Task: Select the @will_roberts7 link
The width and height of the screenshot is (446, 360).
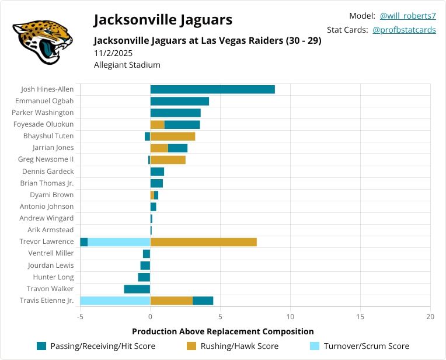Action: coord(407,16)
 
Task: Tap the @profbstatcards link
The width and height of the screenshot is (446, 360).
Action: coord(404,30)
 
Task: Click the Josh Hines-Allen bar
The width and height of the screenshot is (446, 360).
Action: coord(212,89)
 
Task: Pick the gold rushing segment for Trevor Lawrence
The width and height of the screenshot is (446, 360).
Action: coord(203,242)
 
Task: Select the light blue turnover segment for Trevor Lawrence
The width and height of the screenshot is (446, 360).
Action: coord(119,242)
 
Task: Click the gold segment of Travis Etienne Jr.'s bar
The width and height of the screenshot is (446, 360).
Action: coord(171,300)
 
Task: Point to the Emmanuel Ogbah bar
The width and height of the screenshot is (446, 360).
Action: coord(179,101)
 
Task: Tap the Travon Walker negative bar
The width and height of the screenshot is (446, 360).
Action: coord(137,289)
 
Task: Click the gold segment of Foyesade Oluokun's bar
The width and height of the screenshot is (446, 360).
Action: coord(157,124)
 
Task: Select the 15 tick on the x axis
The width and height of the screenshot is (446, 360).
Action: coord(360,316)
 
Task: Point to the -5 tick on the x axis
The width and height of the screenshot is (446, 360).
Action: coord(80,316)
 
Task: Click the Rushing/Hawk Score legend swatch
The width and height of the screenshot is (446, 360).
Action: coord(191,346)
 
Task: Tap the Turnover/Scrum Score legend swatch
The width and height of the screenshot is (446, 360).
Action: coord(313,346)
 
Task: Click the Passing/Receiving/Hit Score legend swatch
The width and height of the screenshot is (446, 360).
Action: coord(41,346)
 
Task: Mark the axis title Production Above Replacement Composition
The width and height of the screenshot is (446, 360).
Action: coord(223,331)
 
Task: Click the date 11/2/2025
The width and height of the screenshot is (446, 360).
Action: coord(113,53)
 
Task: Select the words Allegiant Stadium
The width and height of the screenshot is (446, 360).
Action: coord(127,65)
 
